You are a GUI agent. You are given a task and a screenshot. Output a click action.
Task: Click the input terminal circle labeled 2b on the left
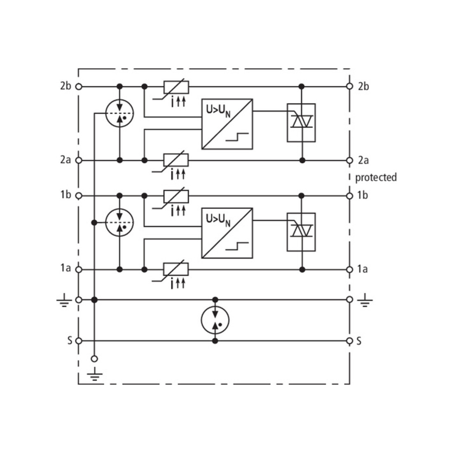[x=79, y=86]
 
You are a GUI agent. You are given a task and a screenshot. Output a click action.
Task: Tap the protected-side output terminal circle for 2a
[x=350, y=160]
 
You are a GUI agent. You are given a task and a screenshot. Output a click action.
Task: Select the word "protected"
[x=376, y=177]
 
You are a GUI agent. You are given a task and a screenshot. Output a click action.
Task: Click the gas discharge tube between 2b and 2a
[x=119, y=113]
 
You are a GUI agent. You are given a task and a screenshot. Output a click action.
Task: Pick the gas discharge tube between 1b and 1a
[x=119, y=222]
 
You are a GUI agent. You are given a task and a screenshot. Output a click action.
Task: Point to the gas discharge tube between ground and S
[x=215, y=320]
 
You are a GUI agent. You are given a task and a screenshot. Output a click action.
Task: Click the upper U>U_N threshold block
[x=227, y=124]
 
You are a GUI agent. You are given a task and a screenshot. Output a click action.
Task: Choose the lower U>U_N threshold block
[x=227, y=233]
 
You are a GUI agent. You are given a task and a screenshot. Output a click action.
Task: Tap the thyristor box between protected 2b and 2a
[x=301, y=123]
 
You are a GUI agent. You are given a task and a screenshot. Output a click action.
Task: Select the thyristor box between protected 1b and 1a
[x=301, y=232]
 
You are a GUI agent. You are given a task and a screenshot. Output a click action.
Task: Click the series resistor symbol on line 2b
[x=176, y=87]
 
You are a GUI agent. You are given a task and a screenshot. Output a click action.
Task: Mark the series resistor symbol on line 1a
[x=176, y=269]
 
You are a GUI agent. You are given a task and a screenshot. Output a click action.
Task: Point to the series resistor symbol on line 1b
[x=176, y=196]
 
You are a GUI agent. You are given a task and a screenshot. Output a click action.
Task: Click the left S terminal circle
[x=79, y=341]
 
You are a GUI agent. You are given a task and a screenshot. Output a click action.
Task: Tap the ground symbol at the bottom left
[x=94, y=374]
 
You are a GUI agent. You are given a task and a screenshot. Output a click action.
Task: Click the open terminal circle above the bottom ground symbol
[x=94, y=359]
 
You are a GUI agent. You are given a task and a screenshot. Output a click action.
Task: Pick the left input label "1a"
[x=65, y=268]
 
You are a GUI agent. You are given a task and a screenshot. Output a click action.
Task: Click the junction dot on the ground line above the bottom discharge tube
[x=215, y=299]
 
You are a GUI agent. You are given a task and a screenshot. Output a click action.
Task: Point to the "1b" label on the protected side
[x=362, y=195]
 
